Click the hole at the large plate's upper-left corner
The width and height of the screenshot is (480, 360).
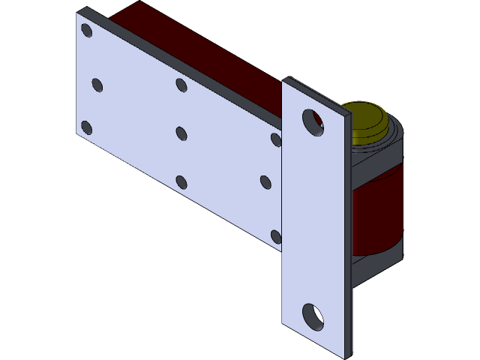pos(86,31)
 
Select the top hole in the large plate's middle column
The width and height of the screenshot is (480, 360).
pos(181,85)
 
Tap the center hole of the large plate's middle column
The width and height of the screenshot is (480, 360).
pos(181,133)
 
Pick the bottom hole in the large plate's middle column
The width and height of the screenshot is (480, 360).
pos(181,181)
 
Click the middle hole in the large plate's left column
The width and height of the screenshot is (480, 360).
pos(97,85)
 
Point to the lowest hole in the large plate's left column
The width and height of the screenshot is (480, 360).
pos(86,127)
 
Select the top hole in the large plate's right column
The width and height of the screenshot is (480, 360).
pos(276,139)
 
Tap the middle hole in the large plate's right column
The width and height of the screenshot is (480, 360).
pos(265,181)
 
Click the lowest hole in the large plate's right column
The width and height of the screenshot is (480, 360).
pos(276,237)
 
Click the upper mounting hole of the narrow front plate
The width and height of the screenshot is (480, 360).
pos(312,122)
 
